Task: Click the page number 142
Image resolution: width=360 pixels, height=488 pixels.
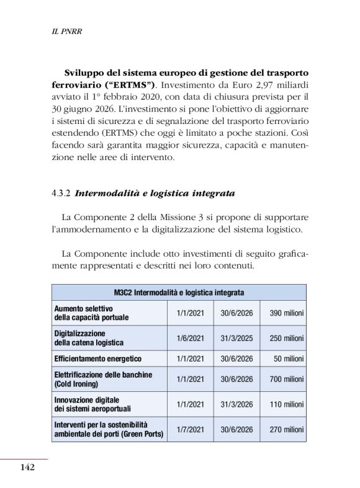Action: [x=27, y=467]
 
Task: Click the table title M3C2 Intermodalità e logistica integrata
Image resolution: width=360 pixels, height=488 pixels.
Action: [x=179, y=293]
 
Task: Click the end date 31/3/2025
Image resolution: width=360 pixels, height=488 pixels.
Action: [x=236, y=338]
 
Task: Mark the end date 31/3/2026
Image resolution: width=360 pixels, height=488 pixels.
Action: [x=236, y=404]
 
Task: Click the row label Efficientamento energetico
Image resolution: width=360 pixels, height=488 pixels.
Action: [x=97, y=359]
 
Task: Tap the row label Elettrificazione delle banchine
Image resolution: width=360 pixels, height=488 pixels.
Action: [x=103, y=375]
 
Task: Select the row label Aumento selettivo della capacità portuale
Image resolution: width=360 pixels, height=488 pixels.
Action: [x=92, y=313]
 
